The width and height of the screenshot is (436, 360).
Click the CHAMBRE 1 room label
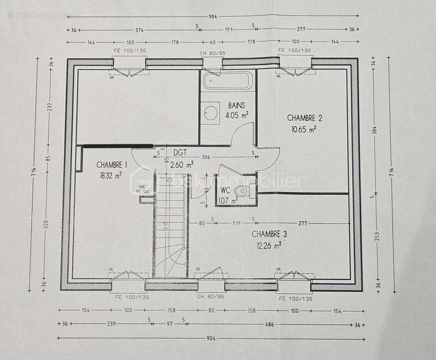pyautogui.click(x=111, y=165)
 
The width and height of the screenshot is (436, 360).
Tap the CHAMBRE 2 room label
pyautogui.click(x=304, y=118)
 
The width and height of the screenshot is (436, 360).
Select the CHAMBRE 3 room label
pyautogui.click(x=269, y=234)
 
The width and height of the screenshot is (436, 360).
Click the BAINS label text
pyautogui.click(x=236, y=106)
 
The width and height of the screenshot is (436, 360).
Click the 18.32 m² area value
pyautogui.click(x=111, y=176)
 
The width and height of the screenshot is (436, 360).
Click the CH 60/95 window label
pyautogui.click(x=212, y=54)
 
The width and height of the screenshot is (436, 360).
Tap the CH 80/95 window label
pyautogui.click(x=210, y=297)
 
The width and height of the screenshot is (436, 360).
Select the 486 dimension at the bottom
pyautogui.click(x=269, y=324)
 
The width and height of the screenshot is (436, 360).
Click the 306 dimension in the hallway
pyautogui.click(x=205, y=157)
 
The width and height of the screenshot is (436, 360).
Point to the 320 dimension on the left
pyautogui.click(x=46, y=225)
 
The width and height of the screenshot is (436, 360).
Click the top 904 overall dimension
pyautogui.click(x=212, y=17)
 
